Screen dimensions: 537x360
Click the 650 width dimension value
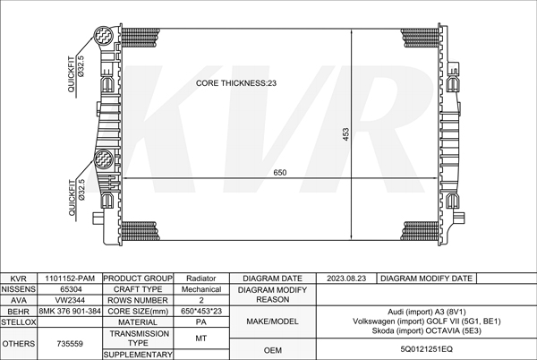click(280, 173)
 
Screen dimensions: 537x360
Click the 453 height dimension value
click(345, 134)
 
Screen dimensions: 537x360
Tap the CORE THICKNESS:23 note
click(236, 83)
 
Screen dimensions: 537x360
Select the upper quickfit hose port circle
click(103, 35)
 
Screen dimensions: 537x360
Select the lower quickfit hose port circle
click(104, 159)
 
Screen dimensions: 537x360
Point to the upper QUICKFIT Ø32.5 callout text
click(76, 74)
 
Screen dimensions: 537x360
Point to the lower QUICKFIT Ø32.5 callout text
click(76, 198)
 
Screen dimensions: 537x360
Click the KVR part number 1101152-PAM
click(70, 279)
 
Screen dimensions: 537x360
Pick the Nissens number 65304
click(70, 289)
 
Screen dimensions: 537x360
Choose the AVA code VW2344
click(70, 300)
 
